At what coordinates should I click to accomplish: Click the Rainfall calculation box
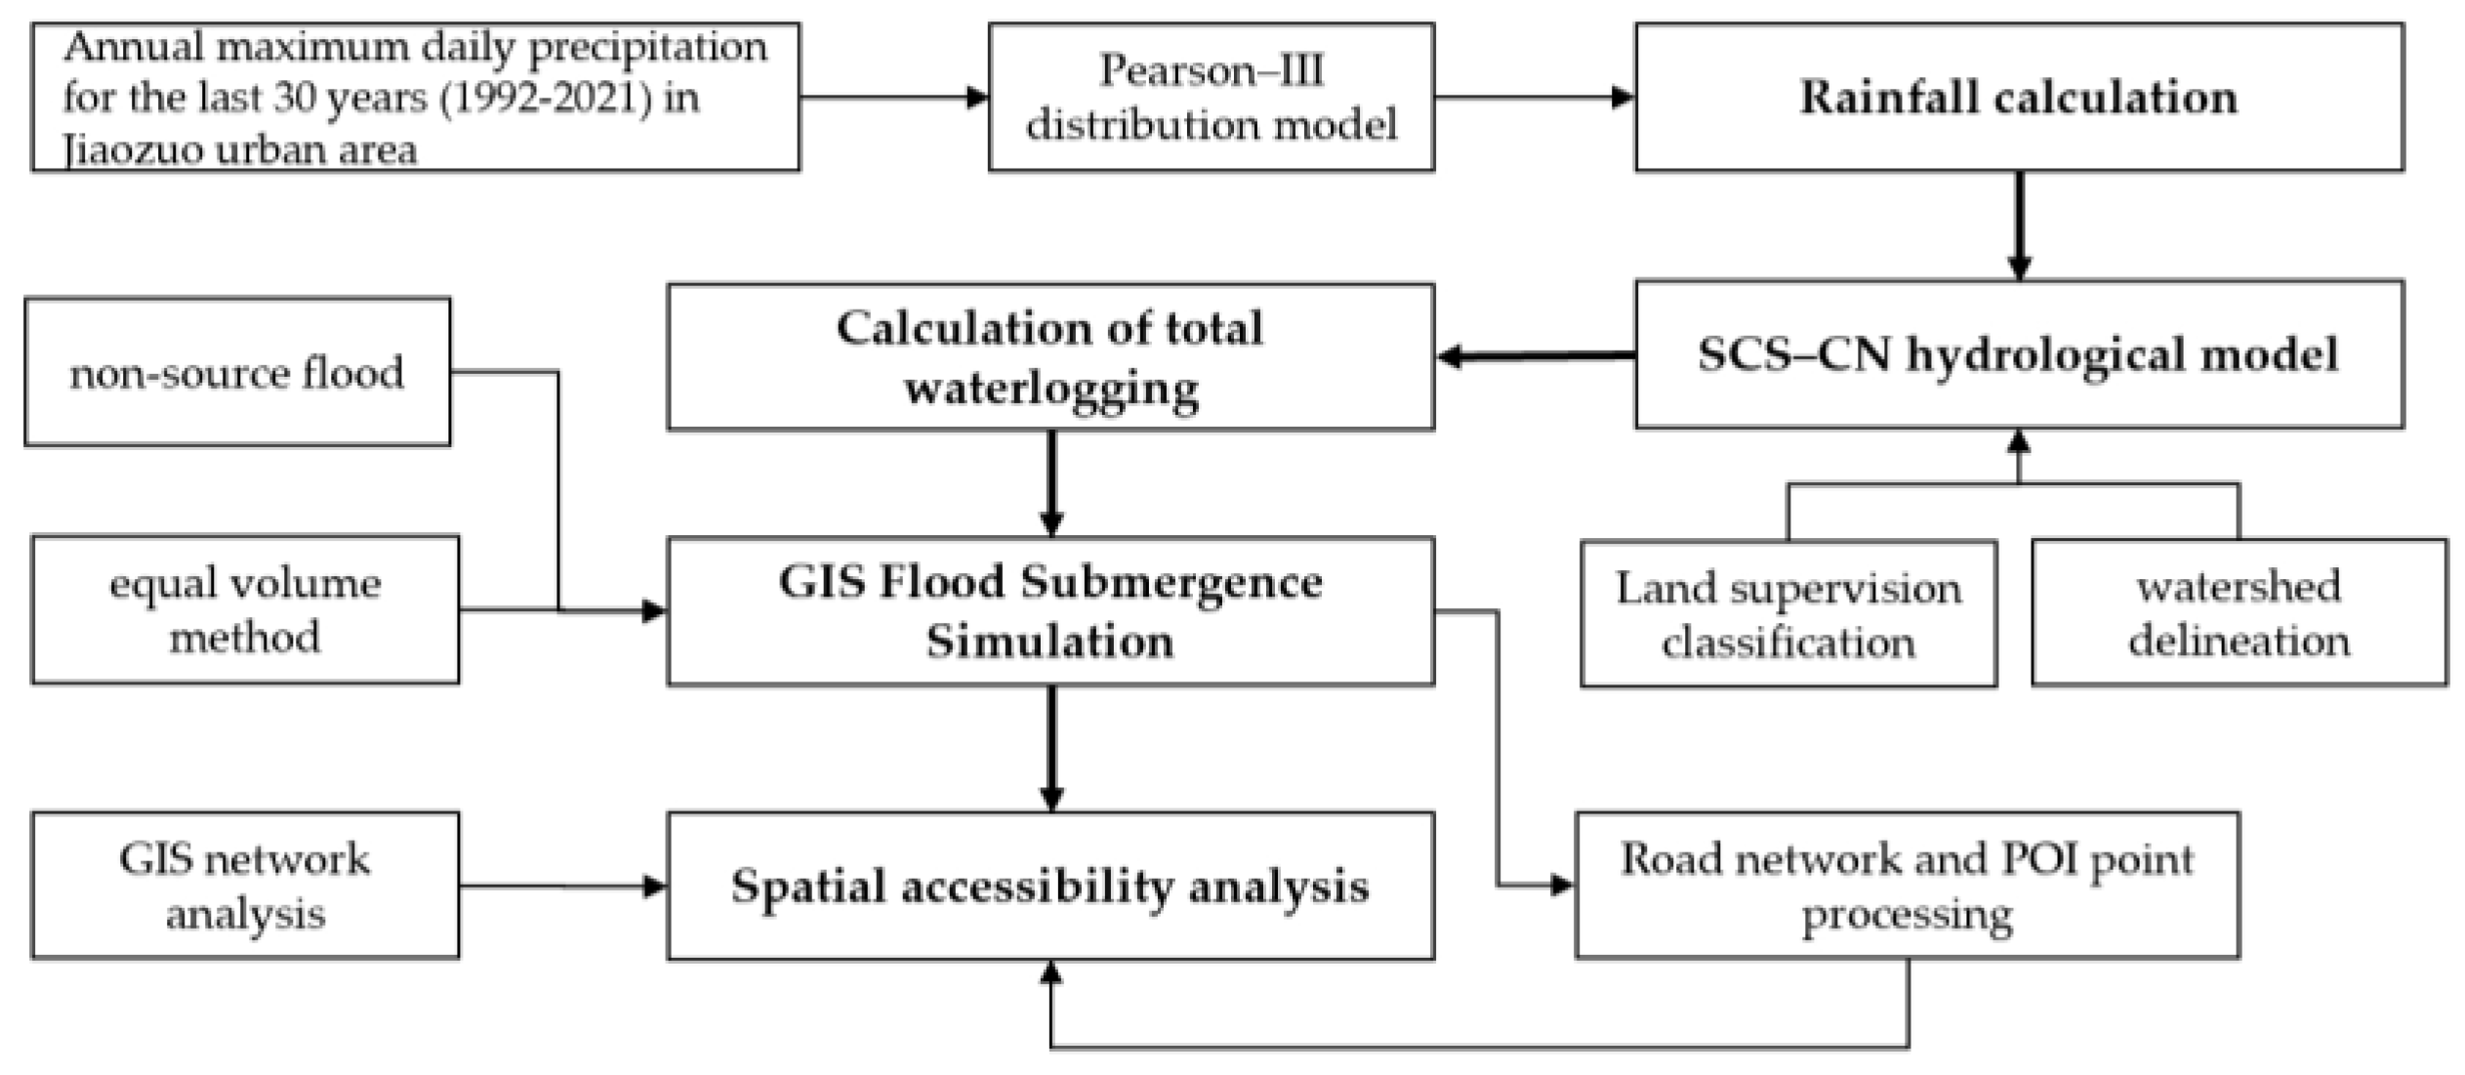point(2018,98)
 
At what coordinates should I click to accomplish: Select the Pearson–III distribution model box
point(1211,98)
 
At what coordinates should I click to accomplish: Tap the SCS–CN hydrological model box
point(2018,354)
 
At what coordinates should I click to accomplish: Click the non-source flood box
point(237,372)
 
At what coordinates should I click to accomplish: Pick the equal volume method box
point(244,609)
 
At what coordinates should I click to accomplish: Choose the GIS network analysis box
point(244,886)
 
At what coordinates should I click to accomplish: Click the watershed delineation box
point(2239,613)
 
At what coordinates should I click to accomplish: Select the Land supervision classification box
point(1787,614)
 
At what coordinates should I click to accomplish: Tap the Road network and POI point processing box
point(1907,886)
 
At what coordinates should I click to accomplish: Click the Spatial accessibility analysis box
point(1050,886)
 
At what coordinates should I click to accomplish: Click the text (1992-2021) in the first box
point(546,99)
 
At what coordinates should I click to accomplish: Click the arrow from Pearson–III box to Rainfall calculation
point(1534,98)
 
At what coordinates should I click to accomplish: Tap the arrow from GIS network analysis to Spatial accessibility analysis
point(562,887)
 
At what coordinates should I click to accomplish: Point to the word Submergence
point(1171,583)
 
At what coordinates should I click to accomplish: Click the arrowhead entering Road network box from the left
point(1561,886)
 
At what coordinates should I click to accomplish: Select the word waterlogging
point(1051,390)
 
